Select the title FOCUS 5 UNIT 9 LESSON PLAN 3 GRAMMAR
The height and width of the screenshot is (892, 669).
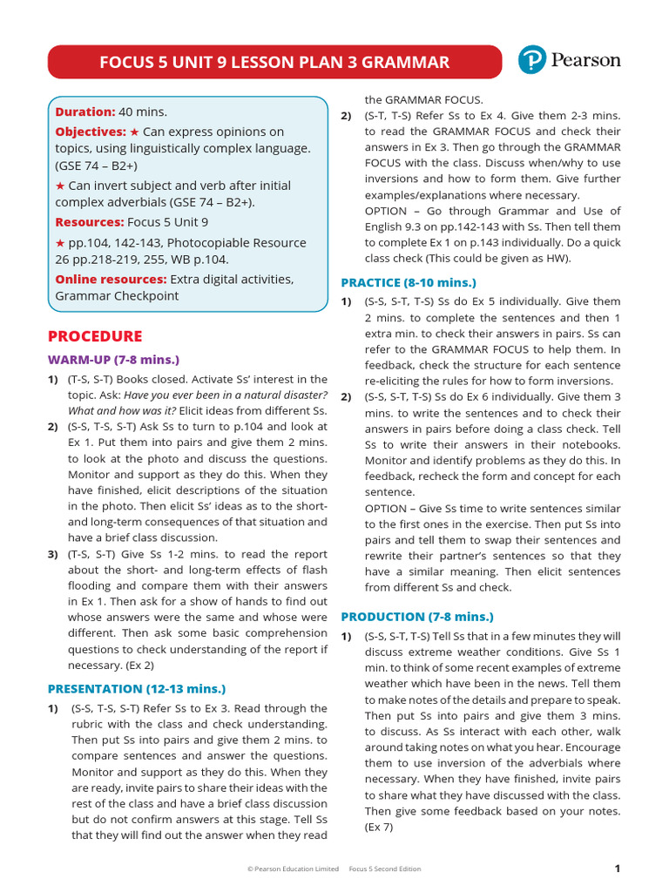(x=274, y=62)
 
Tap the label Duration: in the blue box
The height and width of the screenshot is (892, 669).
(x=85, y=111)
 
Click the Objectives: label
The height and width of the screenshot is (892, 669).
(x=91, y=131)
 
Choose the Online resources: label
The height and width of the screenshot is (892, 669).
(x=111, y=279)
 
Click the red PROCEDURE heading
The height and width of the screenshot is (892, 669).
(x=95, y=336)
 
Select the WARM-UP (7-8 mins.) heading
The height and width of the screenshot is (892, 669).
(x=113, y=359)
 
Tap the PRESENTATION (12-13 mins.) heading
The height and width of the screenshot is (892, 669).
(x=136, y=688)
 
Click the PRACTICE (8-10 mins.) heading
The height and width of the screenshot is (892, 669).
(x=409, y=282)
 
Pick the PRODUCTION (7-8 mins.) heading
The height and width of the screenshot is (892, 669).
(x=416, y=616)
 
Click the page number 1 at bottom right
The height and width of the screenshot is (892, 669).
(x=617, y=868)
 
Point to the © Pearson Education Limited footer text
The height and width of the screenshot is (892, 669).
(x=293, y=868)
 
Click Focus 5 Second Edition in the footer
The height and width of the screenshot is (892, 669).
(x=384, y=868)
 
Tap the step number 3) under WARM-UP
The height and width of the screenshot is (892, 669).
(x=53, y=554)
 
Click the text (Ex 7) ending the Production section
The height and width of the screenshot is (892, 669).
(x=379, y=827)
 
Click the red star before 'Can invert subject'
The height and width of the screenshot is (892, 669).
(x=60, y=186)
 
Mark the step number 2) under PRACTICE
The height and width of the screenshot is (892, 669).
(x=346, y=396)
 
